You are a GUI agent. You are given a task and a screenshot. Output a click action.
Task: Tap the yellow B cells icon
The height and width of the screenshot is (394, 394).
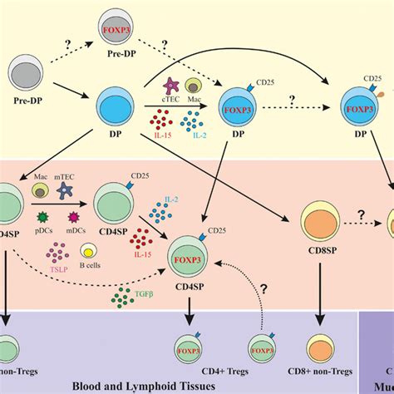pyautogui.click(x=86, y=252)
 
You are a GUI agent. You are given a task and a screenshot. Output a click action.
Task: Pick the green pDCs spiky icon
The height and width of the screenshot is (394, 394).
pyautogui.click(x=44, y=220)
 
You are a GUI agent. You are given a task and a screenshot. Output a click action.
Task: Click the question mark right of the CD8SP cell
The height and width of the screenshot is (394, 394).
pyautogui.click(x=363, y=214)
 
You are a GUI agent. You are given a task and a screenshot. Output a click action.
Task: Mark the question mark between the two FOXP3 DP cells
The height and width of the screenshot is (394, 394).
pyautogui.click(x=295, y=100)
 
